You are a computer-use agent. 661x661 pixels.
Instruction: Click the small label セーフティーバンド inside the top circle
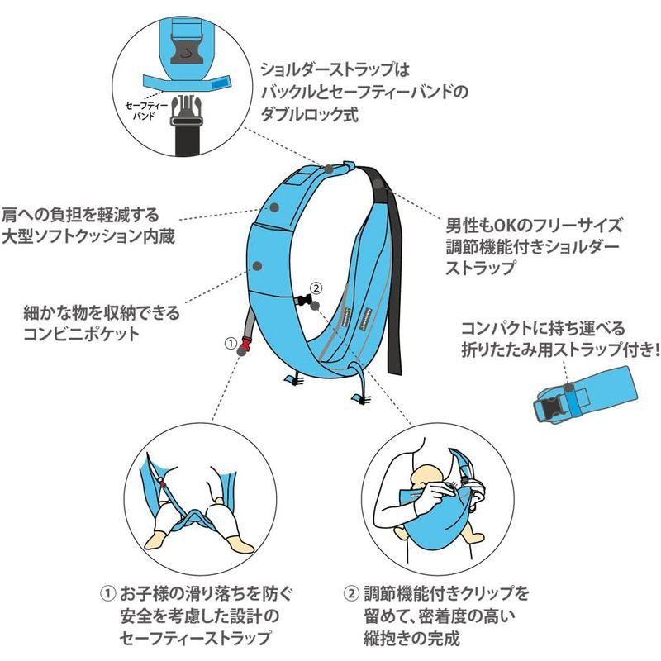click(x=145, y=112)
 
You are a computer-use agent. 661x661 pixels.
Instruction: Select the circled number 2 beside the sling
click(x=318, y=288)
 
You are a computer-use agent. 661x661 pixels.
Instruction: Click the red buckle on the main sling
click(x=245, y=340)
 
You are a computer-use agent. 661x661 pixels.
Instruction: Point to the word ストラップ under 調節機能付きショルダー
click(x=480, y=268)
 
